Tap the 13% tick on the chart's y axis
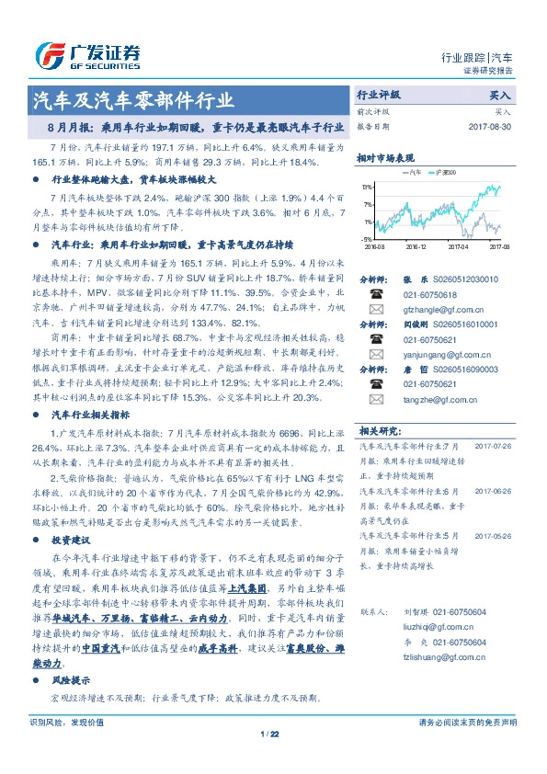(368, 187)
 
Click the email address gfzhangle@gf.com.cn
(436, 310)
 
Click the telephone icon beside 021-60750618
(375, 294)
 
